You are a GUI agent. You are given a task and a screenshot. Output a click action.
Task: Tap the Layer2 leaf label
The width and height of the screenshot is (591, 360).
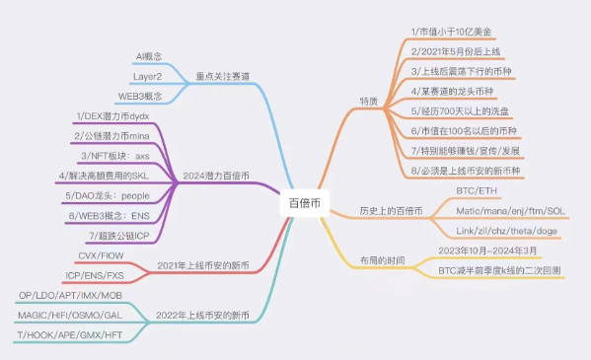[148, 76]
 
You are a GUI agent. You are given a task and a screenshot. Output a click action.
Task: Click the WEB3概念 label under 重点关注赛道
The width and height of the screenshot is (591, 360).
[141, 96]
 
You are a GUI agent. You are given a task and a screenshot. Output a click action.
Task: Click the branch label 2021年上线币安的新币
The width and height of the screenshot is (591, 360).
[202, 265]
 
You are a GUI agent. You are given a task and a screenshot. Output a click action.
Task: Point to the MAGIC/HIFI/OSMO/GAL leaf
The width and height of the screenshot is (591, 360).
[71, 315]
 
